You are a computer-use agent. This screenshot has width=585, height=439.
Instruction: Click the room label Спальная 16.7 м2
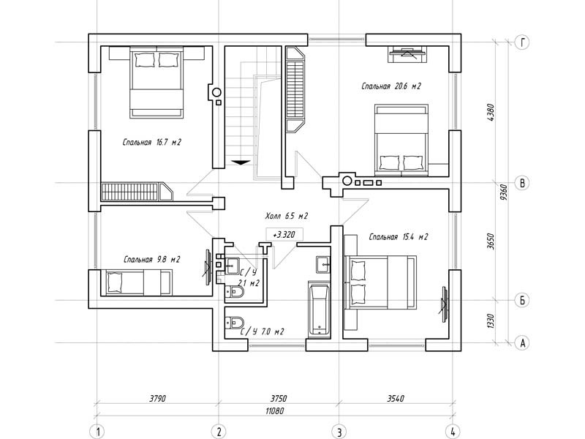tap(152, 142)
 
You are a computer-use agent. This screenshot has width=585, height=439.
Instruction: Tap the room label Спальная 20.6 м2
tap(391, 86)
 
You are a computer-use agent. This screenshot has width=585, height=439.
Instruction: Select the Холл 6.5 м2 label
tap(287, 216)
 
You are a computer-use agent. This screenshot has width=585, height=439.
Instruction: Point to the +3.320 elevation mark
tap(284, 235)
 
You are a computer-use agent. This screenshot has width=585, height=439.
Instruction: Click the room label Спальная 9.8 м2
tap(152, 259)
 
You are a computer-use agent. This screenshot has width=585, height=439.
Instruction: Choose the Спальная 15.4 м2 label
tap(398, 237)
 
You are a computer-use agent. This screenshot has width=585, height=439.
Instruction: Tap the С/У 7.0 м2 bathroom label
tap(262, 331)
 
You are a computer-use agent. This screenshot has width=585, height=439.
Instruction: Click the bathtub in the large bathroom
tap(320, 309)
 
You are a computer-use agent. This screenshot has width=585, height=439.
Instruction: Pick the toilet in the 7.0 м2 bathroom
tap(234, 322)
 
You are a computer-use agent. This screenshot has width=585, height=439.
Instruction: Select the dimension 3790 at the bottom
tap(157, 398)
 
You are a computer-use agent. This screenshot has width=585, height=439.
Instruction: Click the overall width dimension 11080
tap(275, 411)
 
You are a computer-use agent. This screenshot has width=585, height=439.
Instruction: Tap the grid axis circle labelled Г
tap(522, 42)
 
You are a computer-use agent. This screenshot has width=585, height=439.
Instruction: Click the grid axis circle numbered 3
tap(339, 432)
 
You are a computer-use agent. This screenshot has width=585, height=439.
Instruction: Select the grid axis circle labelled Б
tap(522, 300)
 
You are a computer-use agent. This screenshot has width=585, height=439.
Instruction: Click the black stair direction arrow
tap(241, 162)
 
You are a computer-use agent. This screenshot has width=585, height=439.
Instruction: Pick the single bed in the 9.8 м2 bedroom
tap(139, 283)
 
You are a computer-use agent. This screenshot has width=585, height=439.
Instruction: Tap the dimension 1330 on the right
tap(491, 321)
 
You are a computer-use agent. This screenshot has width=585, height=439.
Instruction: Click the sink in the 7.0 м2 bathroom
tap(323, 264)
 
